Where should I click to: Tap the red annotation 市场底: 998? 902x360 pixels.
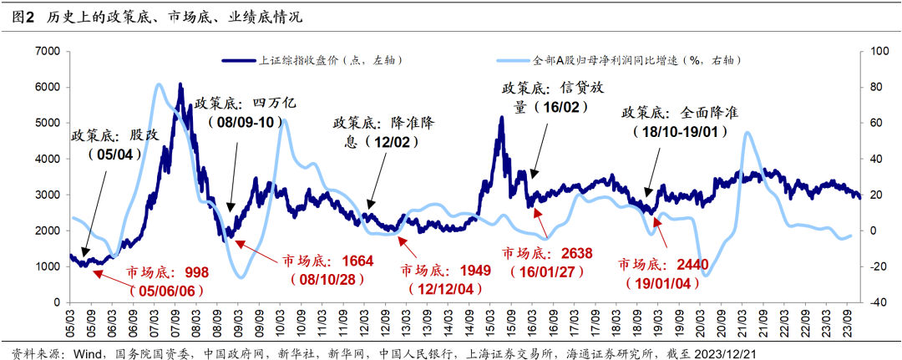pyautogui.click(x=167, y=272)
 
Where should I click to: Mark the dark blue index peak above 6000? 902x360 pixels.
pyautogui.click(x=180, y=84)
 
